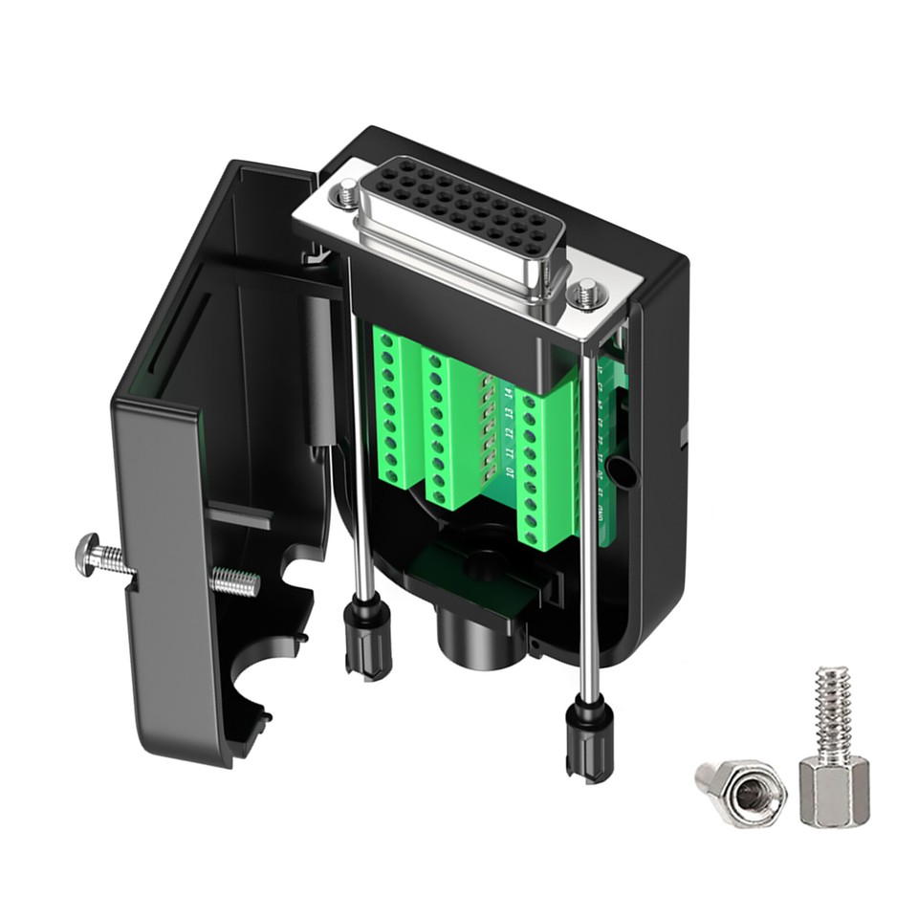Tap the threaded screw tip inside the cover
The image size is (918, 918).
(x=234, y=580)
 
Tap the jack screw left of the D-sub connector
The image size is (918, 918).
(x=344, y=194)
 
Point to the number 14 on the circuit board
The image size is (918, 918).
(x=508, y=393)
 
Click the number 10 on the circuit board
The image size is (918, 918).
(x=511, y=472)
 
